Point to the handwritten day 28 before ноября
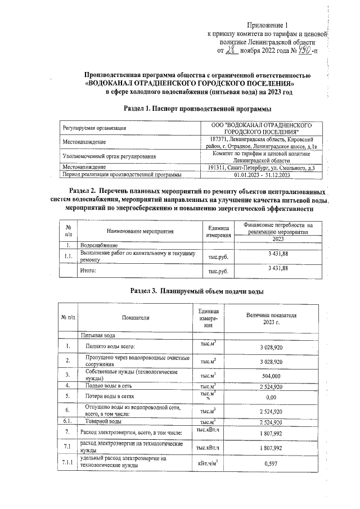coord(232,51)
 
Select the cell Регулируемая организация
coord(95,128)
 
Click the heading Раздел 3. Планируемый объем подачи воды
coord(188,291)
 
